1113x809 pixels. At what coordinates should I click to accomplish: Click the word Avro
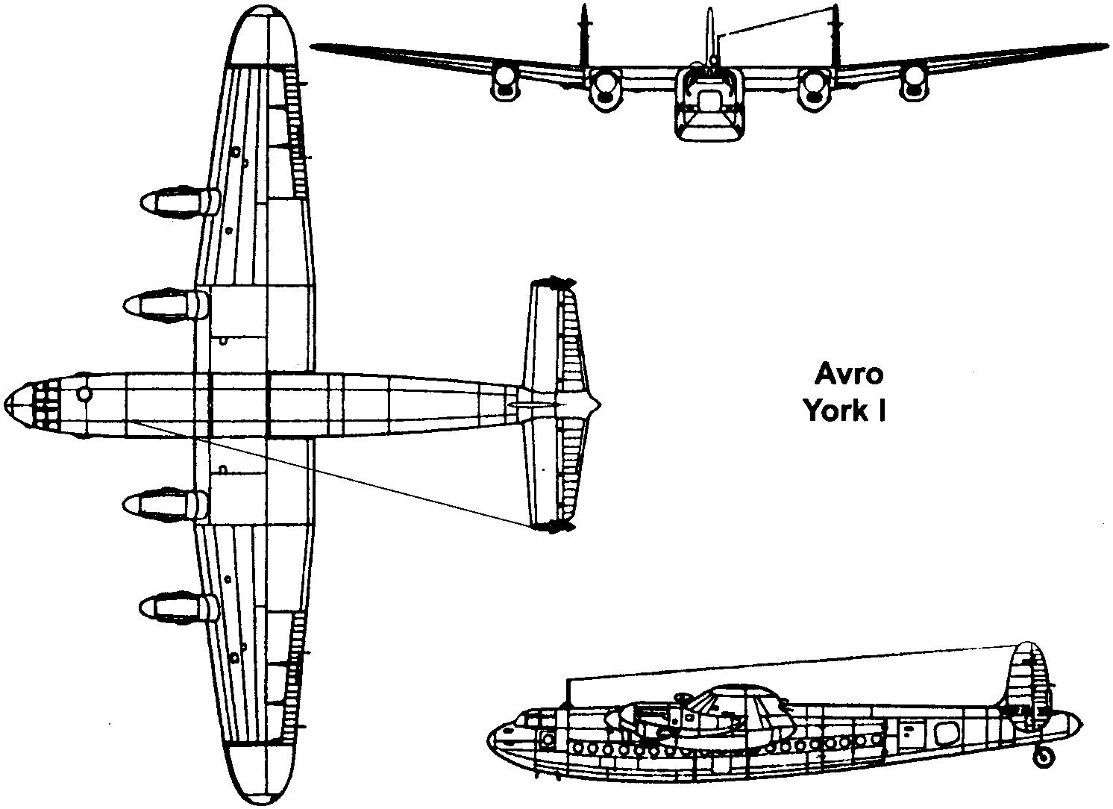843,373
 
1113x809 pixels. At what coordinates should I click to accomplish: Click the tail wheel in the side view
1044,757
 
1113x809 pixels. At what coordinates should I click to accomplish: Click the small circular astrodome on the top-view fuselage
84,393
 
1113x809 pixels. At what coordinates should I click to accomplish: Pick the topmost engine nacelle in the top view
176,202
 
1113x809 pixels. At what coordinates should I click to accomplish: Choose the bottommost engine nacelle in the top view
176,606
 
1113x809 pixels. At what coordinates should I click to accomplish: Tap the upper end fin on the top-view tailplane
553,283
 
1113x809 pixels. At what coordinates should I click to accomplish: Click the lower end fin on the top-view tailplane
553,527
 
